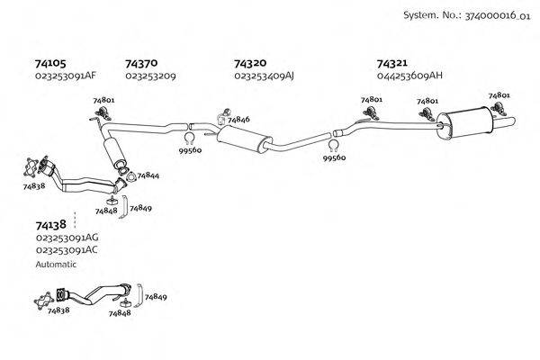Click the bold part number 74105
(x=49, y=64)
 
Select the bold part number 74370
(x=141, y=64)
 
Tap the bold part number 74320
(x=249, y=64)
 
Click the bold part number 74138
(x=50, y=224)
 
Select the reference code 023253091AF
(x=66, y=76)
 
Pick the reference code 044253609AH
(x=410, y=76)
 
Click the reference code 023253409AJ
(x=264, y=76)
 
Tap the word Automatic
(x=56, y=265)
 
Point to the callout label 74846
(x=238, y=120)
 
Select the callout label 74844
(x=148, y=175)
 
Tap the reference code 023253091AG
(x=67, y=238)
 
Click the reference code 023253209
(x=150, y=76)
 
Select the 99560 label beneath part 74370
(x=191, y=152)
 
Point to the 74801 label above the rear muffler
(x=499, y=94)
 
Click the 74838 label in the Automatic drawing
(x=58, y=310)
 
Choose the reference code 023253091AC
(x=67, y=249)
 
